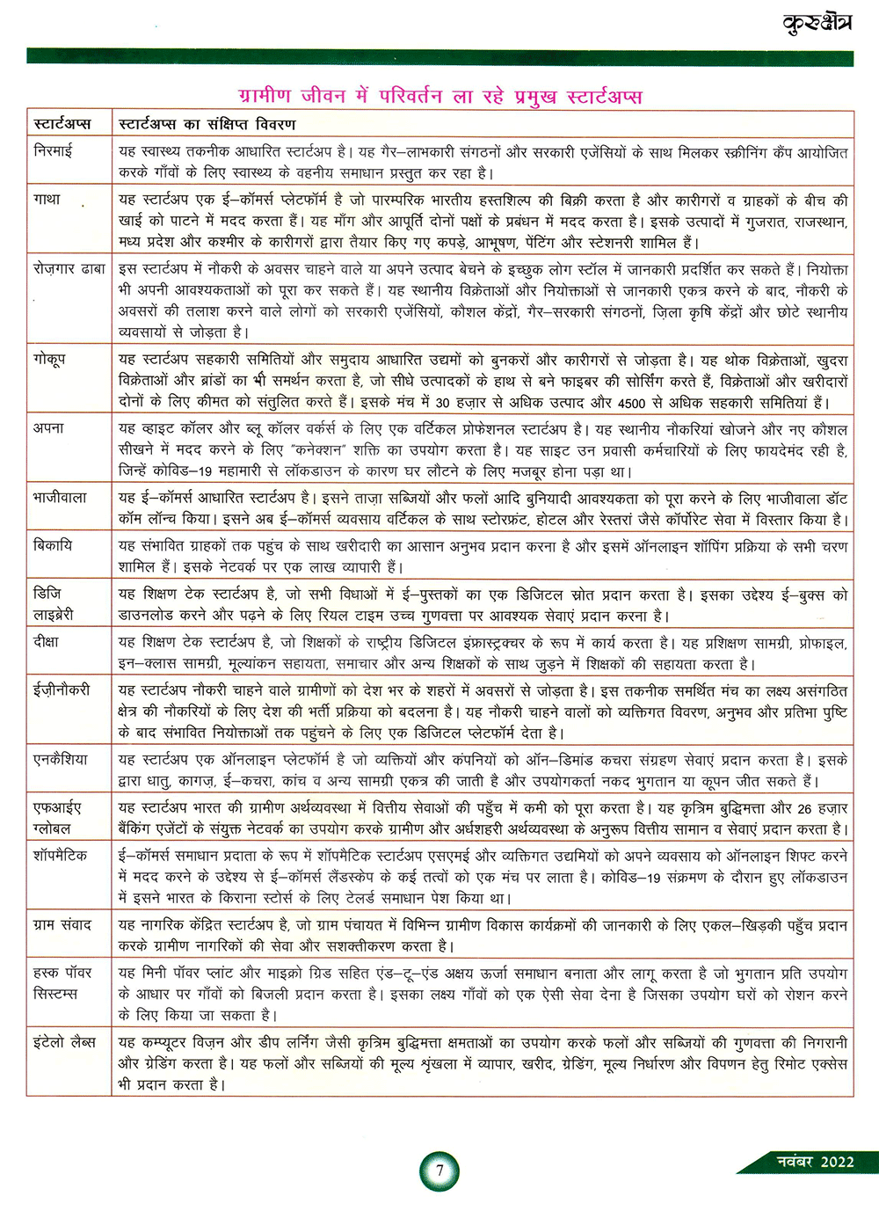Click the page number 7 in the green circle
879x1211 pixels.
pos(439,1171)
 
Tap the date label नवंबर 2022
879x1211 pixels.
pos(815,1162)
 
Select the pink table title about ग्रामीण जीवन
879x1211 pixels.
pos(439,95)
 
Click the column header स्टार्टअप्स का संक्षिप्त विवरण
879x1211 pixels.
pos(207,124)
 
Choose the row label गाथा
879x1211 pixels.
pos(47,200)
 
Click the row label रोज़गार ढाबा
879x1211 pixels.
pos(69,268)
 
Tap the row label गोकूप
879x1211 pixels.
pos(49,359)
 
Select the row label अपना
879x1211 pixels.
pos(49,428)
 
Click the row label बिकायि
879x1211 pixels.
pos(53,546)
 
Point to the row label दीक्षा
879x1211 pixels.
pos(47,642)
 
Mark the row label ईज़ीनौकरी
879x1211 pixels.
pos(62,690)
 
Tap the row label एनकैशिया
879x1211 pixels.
pos(61,760)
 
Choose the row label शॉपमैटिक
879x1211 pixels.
pos(60,856)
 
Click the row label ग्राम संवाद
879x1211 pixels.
pos(62,925)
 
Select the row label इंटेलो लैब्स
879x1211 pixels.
pos(64,1042)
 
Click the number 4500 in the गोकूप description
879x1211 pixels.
pos(631,403)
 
